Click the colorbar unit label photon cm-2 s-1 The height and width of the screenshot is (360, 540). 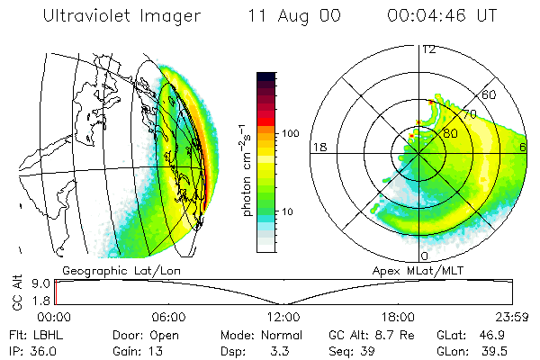pos(247,171)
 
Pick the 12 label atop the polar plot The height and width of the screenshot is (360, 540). pos(429,49)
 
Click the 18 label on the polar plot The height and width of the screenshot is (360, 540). pos(319,147)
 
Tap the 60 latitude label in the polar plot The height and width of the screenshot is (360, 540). pos(490,94)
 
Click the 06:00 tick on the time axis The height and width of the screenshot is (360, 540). pos(169,317)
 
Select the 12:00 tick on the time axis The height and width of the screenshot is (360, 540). pos(283,317)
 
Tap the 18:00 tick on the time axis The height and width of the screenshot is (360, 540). pos(397,317)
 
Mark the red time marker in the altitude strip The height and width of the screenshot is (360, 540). pos(56,291)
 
